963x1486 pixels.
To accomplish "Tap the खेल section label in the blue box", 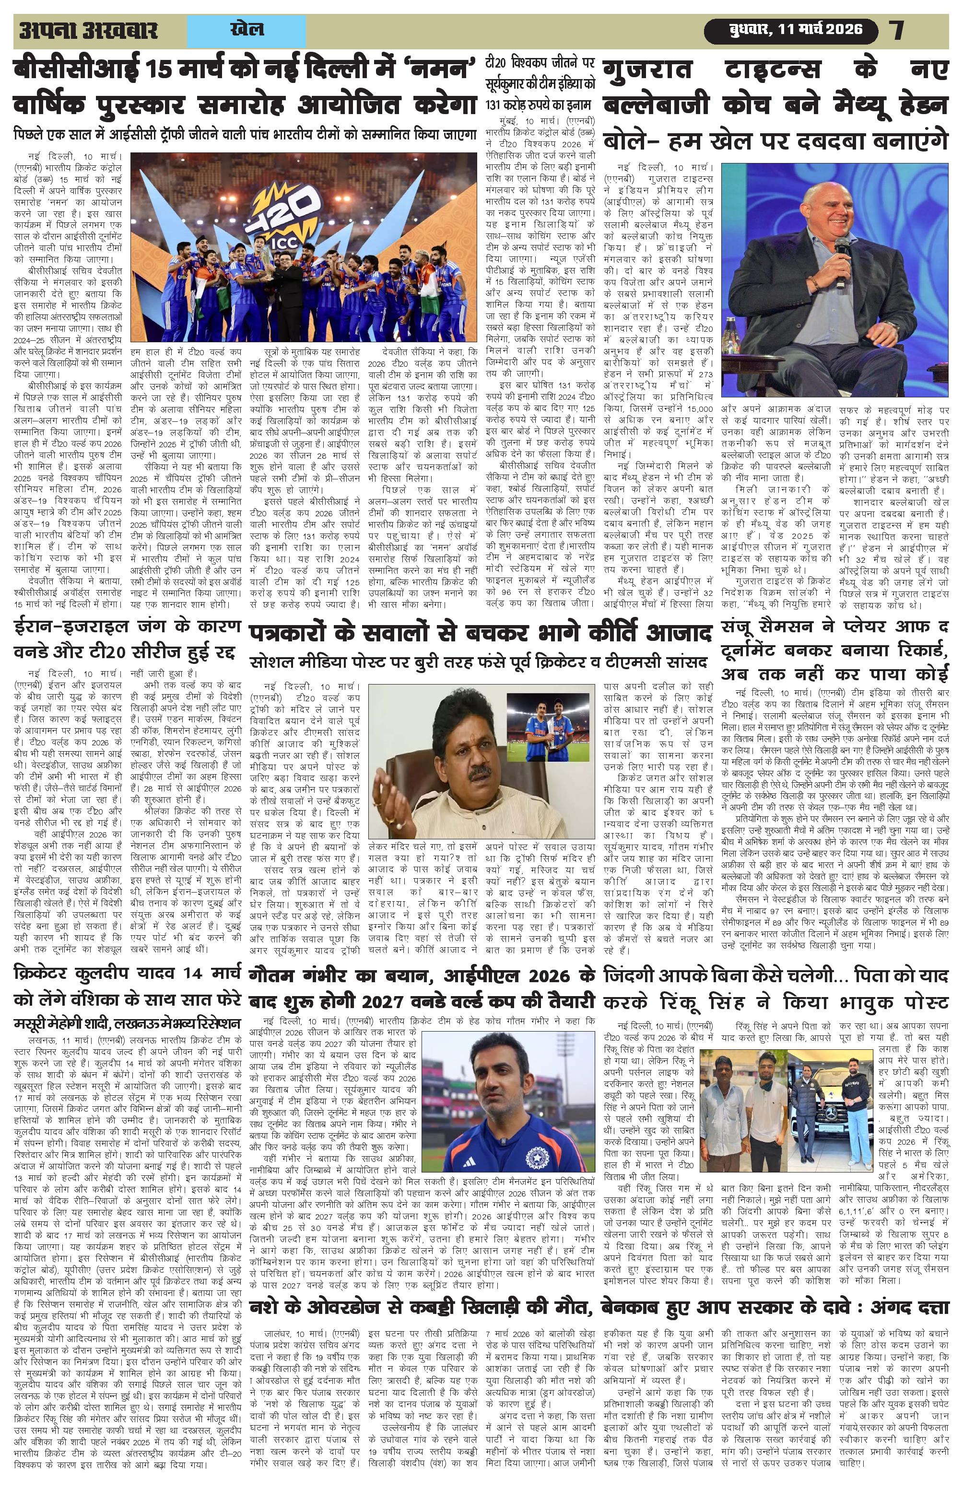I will point(247,29).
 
